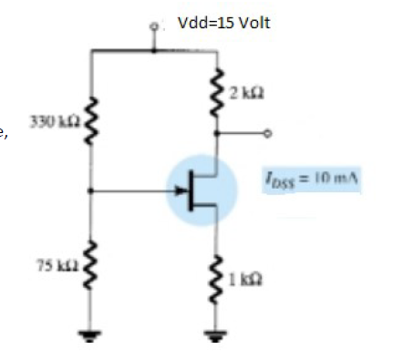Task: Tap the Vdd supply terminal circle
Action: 155,28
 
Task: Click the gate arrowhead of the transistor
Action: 178,192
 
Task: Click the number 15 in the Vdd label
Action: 224,21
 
